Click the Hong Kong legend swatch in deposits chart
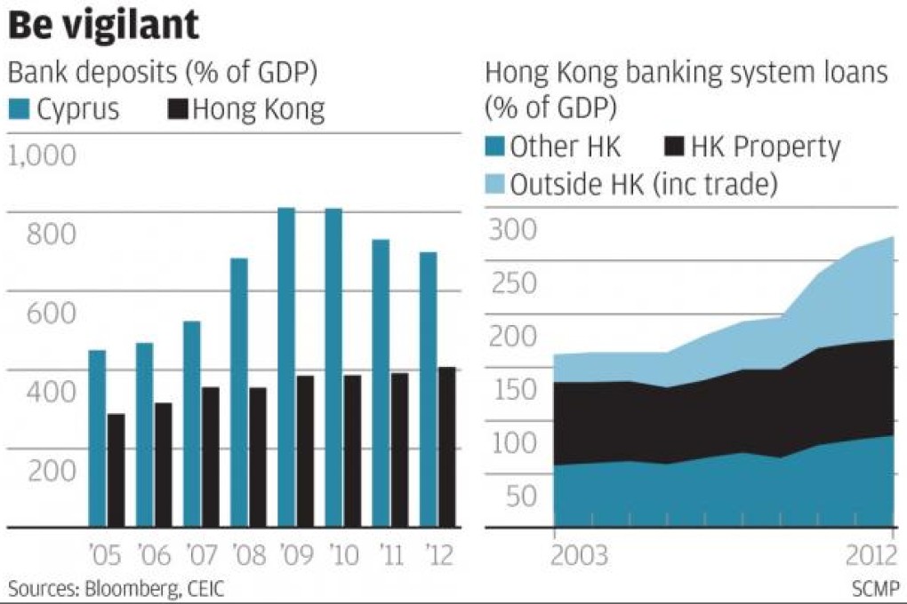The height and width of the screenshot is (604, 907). (178, 110)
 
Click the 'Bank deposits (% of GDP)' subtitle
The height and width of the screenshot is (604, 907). (163, 73)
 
